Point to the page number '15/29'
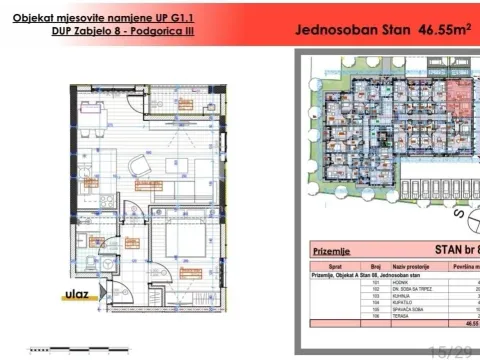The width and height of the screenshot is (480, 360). [x=450, y=350]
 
